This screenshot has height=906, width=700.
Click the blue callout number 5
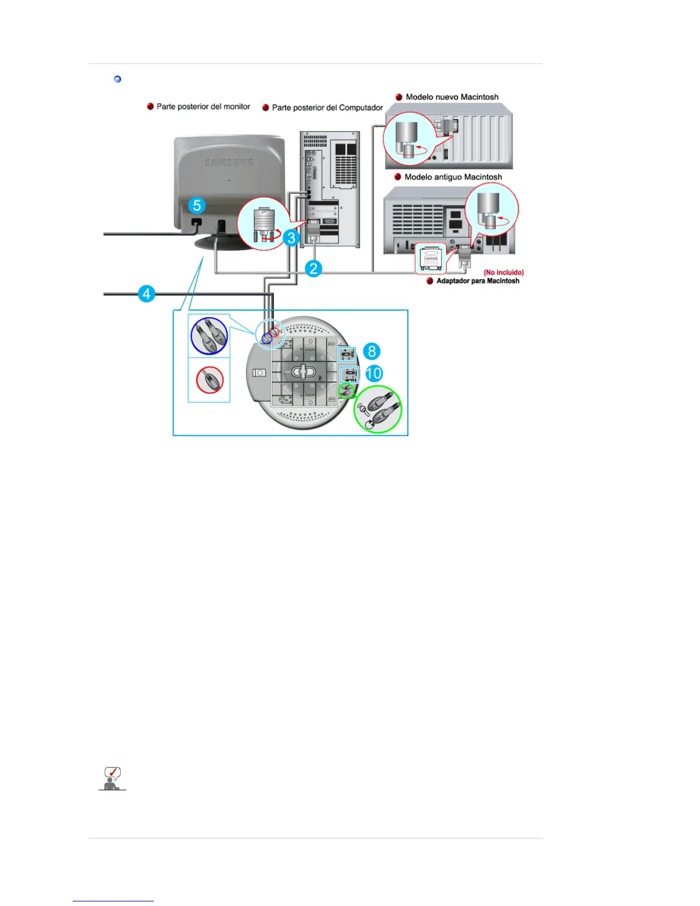pos(197,205)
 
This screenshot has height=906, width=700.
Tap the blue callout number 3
pos(292,237)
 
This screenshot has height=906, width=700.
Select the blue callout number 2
pos(313,268)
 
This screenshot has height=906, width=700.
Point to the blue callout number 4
pos(146,294)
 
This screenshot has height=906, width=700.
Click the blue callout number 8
pos(372,351)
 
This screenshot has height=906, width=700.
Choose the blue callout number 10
pos(373,373)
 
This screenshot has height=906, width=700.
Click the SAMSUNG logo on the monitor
pos(229,163)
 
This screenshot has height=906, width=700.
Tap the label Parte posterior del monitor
pos(203,106)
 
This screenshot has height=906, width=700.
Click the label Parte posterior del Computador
pos(327,108)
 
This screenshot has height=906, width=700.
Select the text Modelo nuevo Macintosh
pos(452,97)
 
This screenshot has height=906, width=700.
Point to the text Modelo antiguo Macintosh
pos(453,177)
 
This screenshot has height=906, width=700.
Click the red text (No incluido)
pos(503,272)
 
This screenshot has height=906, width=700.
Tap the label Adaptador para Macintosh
pos(478,281)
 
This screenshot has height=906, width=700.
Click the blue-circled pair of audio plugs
pos(209,336)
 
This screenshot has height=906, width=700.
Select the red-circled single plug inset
pos(209,380)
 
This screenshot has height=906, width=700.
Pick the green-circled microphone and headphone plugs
pos(378,409)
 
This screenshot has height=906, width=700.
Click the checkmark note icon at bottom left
pos(112,779)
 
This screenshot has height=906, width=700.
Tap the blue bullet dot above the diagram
pos(118,79)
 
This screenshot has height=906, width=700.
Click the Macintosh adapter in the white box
pos(431,259)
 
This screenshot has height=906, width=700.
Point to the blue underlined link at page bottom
pos(113,900)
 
